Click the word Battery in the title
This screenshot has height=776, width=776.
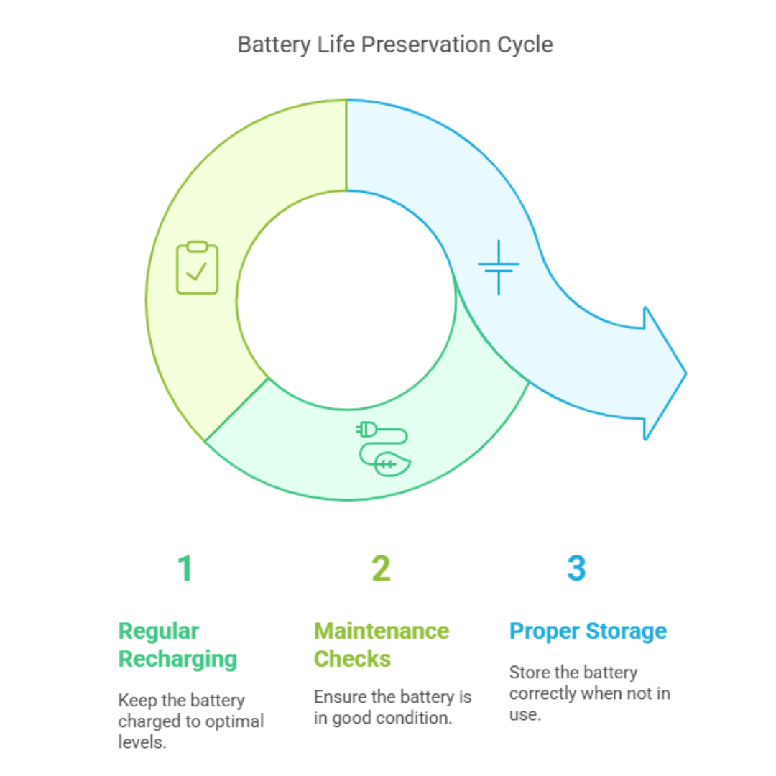click(x=274, y=45)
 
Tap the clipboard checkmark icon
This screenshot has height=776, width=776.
click(x=198, y=268)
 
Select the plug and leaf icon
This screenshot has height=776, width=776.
click(x=383, y=448)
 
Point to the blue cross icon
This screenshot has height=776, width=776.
click(x=499, y=267)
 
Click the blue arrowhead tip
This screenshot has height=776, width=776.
click(x=686, y=374)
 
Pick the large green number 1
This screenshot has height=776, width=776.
click(x=185, y=568)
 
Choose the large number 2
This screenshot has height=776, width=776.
click(x=381, y=568)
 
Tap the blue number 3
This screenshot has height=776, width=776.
click(x=576, y=568)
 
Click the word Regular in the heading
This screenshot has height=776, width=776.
click(x=158, y=632)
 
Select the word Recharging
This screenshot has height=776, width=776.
click(x=177, y=660)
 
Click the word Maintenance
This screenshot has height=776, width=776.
click(x=382, y=631)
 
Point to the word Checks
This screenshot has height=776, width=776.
click(x=352, y=659)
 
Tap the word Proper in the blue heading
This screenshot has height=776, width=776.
click(x=545, y=632)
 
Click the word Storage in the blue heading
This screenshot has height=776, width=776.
click(x=626, y=632)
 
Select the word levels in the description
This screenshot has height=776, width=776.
click(x=142, y=742)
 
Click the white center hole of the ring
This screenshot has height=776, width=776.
click(x=346, y=300)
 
